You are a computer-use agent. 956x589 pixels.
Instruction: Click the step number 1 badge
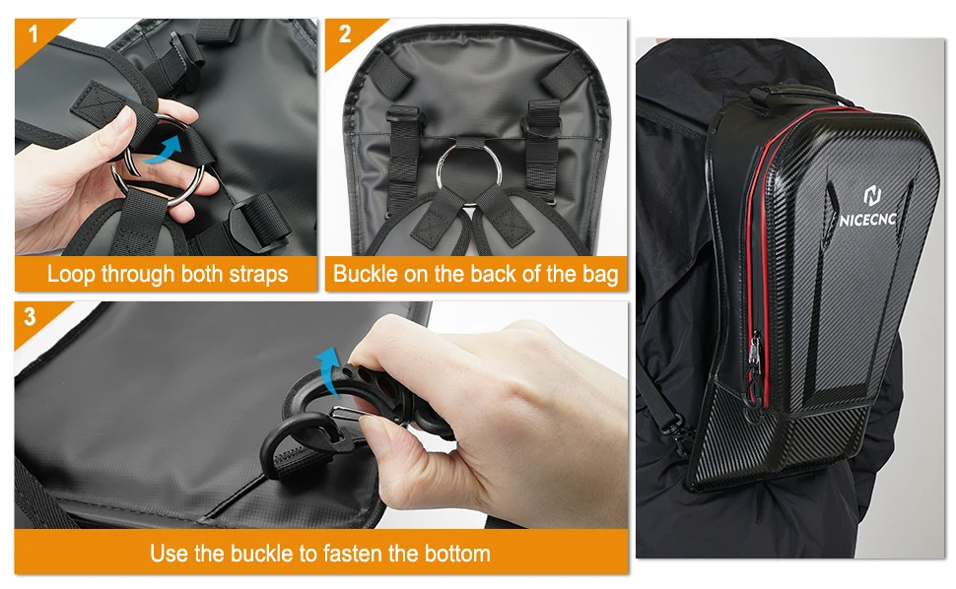click(x=34, y=35)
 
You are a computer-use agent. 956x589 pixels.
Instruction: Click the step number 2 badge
click(x=344, y=35)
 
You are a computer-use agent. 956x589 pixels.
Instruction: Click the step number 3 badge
click(x=31, y=317)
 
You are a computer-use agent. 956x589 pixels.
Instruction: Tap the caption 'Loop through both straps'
click(x=168, y=274)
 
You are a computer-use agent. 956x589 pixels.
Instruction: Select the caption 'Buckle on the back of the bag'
click(x=476, y=274)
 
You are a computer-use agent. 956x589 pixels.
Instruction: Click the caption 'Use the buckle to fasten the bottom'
click(x=320, y=553)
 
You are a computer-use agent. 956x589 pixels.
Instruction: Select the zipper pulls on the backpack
click(x=754, y=369)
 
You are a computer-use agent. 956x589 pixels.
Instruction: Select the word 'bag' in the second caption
click(x=598, y=274)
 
